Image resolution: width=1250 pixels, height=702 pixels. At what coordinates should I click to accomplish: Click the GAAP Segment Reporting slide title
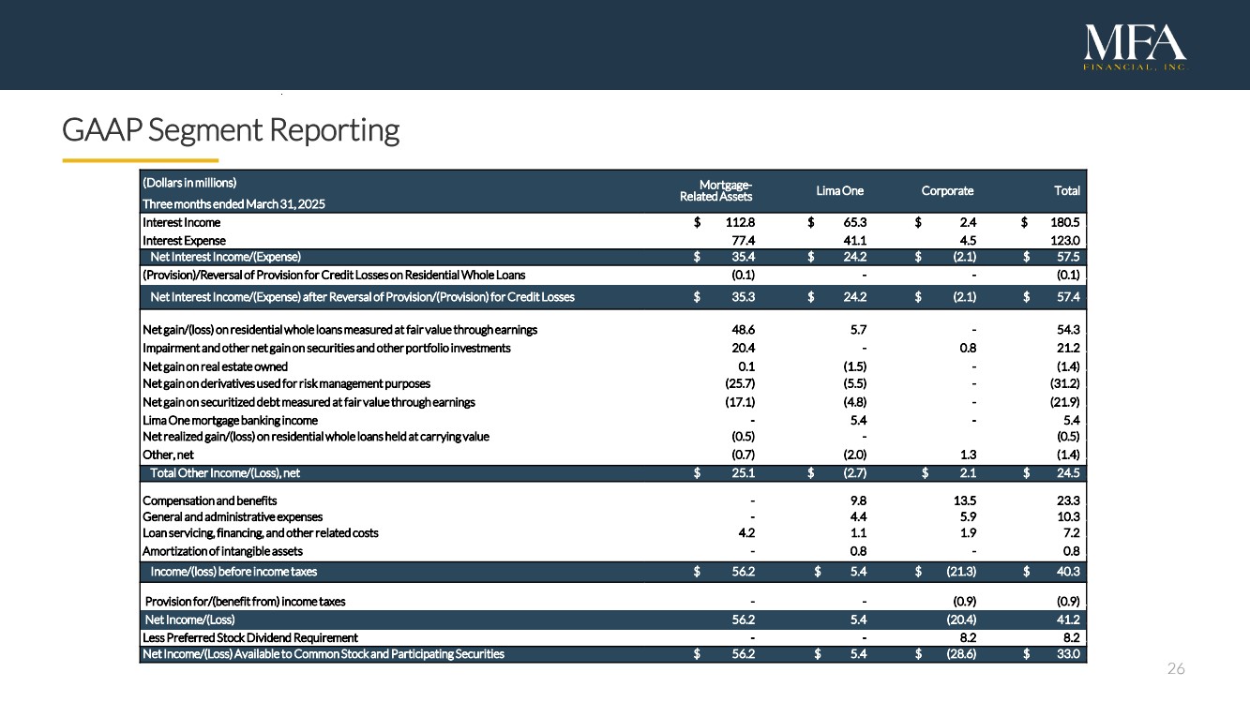click(231, 129)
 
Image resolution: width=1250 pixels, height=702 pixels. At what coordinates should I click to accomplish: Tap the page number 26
click(1176, 668)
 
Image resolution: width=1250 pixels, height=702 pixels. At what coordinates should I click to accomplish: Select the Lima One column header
click(839, 190)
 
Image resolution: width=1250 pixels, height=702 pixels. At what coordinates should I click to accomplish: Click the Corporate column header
click(947, 190)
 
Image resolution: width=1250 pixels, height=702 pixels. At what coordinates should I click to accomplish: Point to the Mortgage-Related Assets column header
click(716, 189)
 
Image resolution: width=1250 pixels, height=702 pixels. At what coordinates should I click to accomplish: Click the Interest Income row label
click(182, 222)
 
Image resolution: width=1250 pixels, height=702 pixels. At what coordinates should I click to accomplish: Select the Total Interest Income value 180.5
click(1063, 222)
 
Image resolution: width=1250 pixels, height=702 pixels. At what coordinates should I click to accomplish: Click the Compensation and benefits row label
click(210, 500)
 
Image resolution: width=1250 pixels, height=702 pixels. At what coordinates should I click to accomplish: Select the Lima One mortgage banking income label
click(230, 420)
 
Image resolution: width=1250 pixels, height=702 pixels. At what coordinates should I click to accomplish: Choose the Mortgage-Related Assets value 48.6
click(743, 330)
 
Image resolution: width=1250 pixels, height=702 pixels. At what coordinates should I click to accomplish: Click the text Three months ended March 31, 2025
click(233, 203)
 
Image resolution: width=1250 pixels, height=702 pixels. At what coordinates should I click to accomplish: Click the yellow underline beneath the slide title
click(140, 160)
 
